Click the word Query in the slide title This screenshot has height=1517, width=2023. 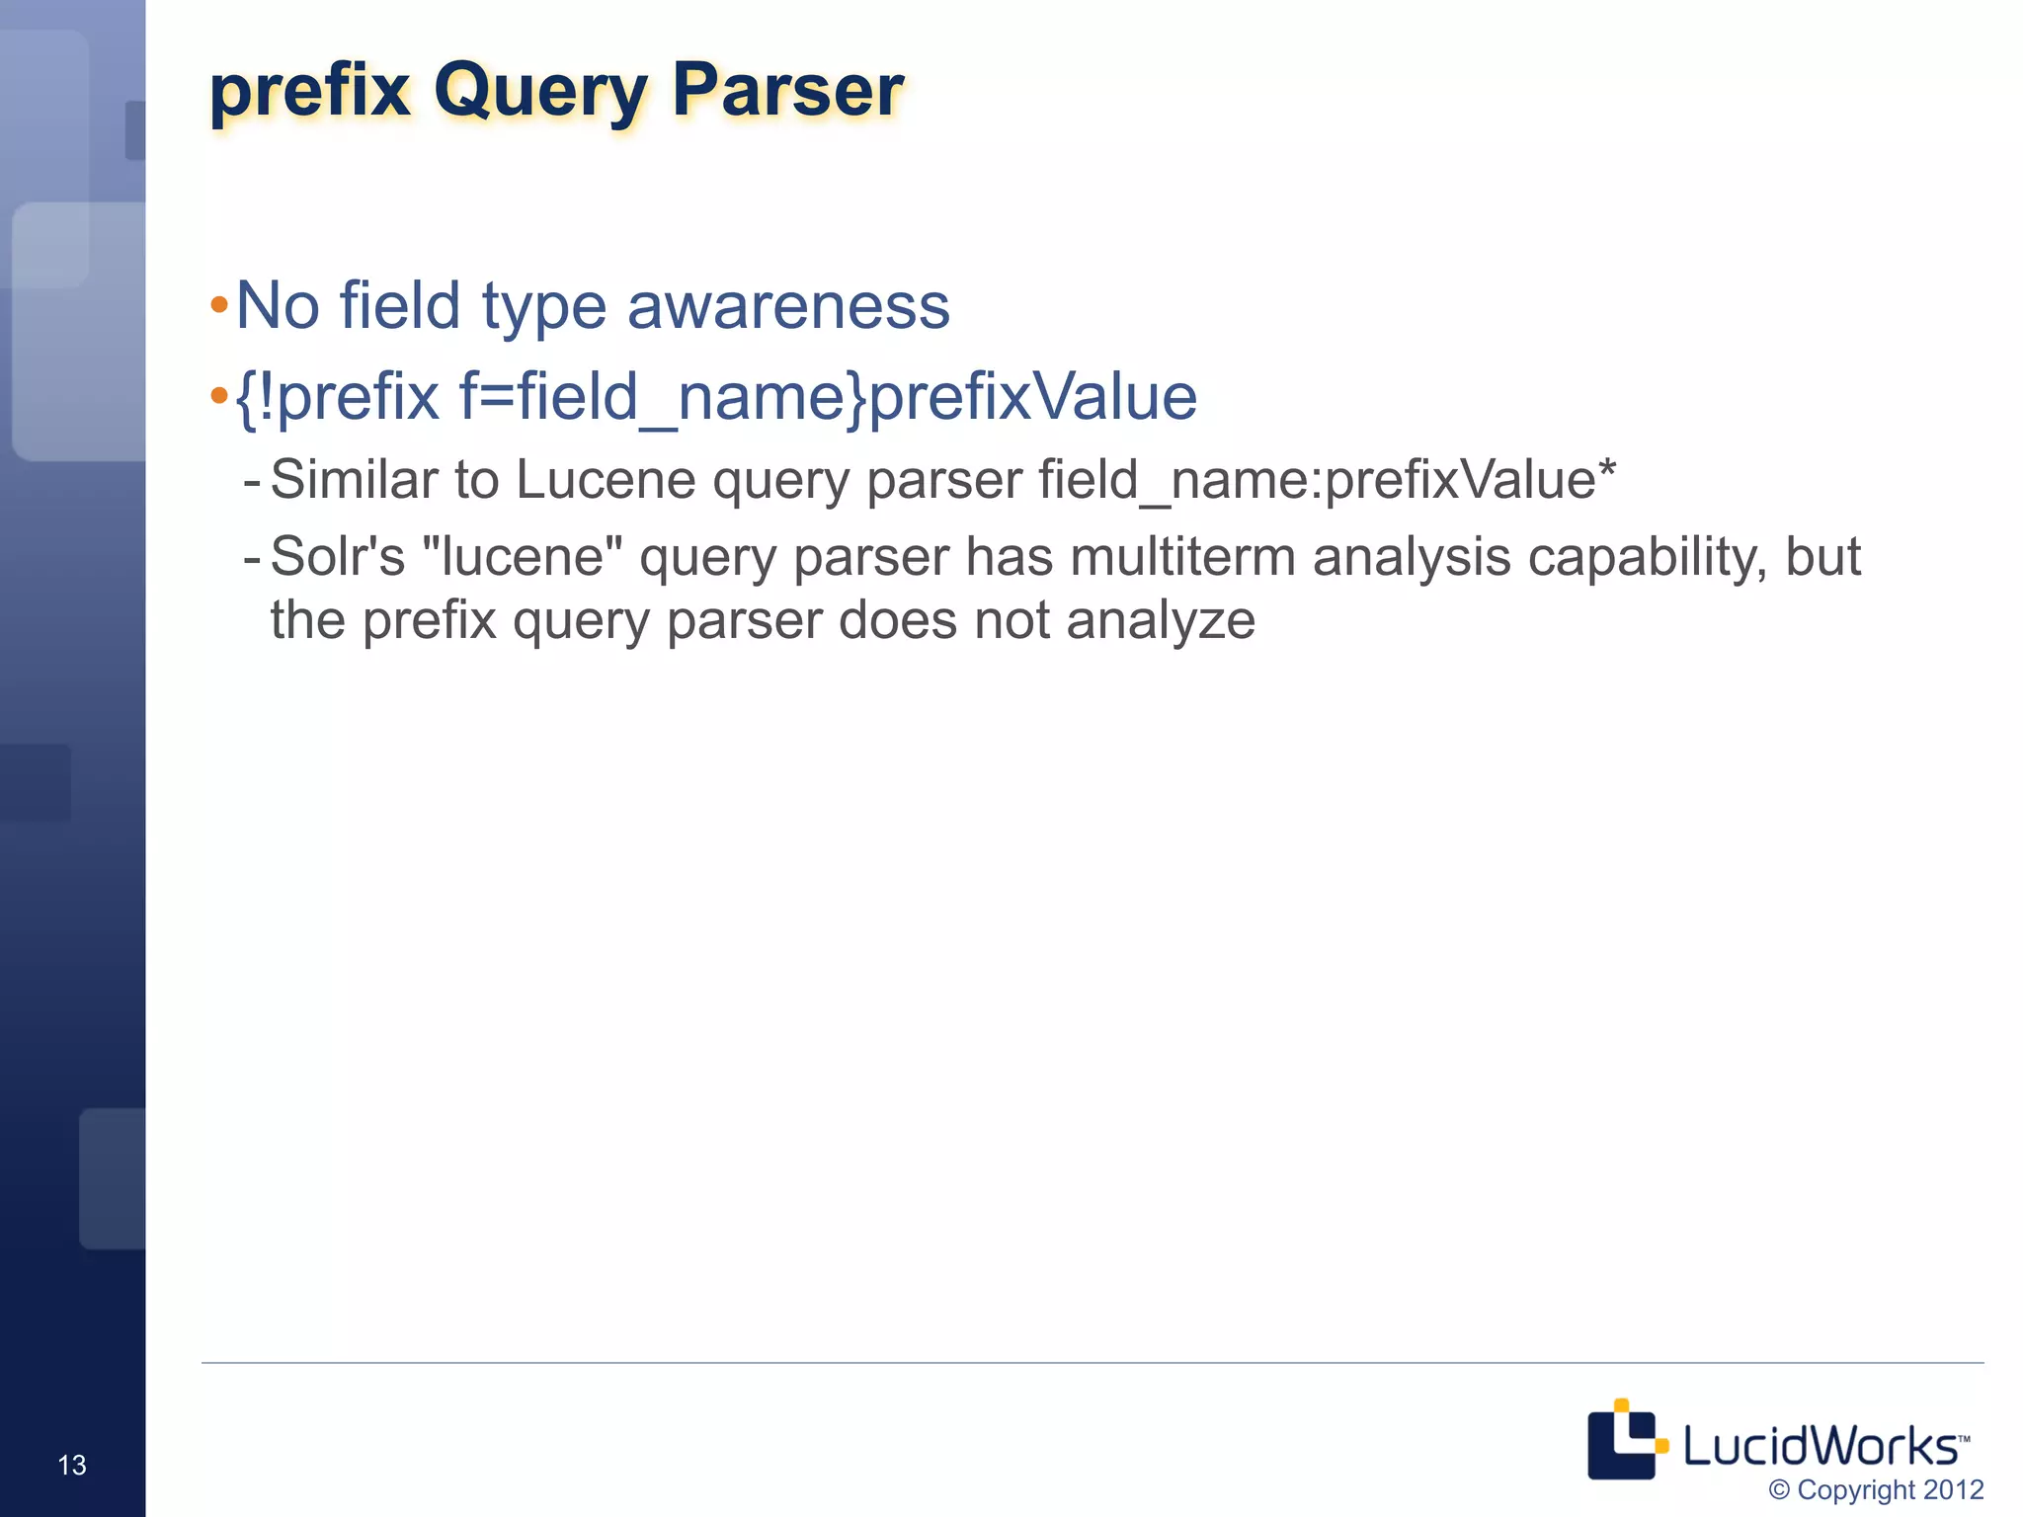point(539,91)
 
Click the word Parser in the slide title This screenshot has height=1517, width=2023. point(787,91)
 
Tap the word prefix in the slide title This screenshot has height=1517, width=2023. point(309,91)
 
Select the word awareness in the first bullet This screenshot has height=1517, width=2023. point(788,305)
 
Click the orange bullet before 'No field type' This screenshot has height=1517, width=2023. point(219,305)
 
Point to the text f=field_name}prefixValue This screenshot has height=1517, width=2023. point(828,397)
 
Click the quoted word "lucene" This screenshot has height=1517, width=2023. point(523,557)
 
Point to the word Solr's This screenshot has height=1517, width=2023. point(338,557)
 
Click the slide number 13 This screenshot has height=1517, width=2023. point(72,1465)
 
